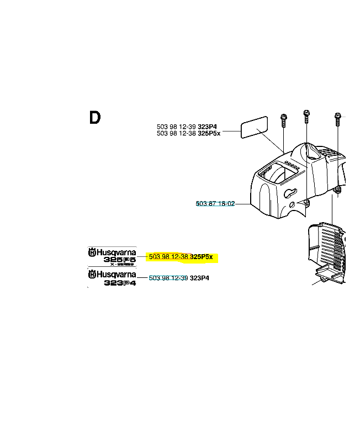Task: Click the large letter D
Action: pos(95,118)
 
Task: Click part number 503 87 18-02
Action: pos(215,204)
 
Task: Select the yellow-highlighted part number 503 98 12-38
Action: pos(169,257)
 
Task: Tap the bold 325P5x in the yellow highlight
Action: pos(202,257)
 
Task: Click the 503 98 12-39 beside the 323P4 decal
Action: pos(168,278)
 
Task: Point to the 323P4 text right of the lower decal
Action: pos(199,278)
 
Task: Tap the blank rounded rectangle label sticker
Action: pos(254,128)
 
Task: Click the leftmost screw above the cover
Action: pos(284,119)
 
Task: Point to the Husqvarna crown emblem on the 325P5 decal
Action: pos(92,252)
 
